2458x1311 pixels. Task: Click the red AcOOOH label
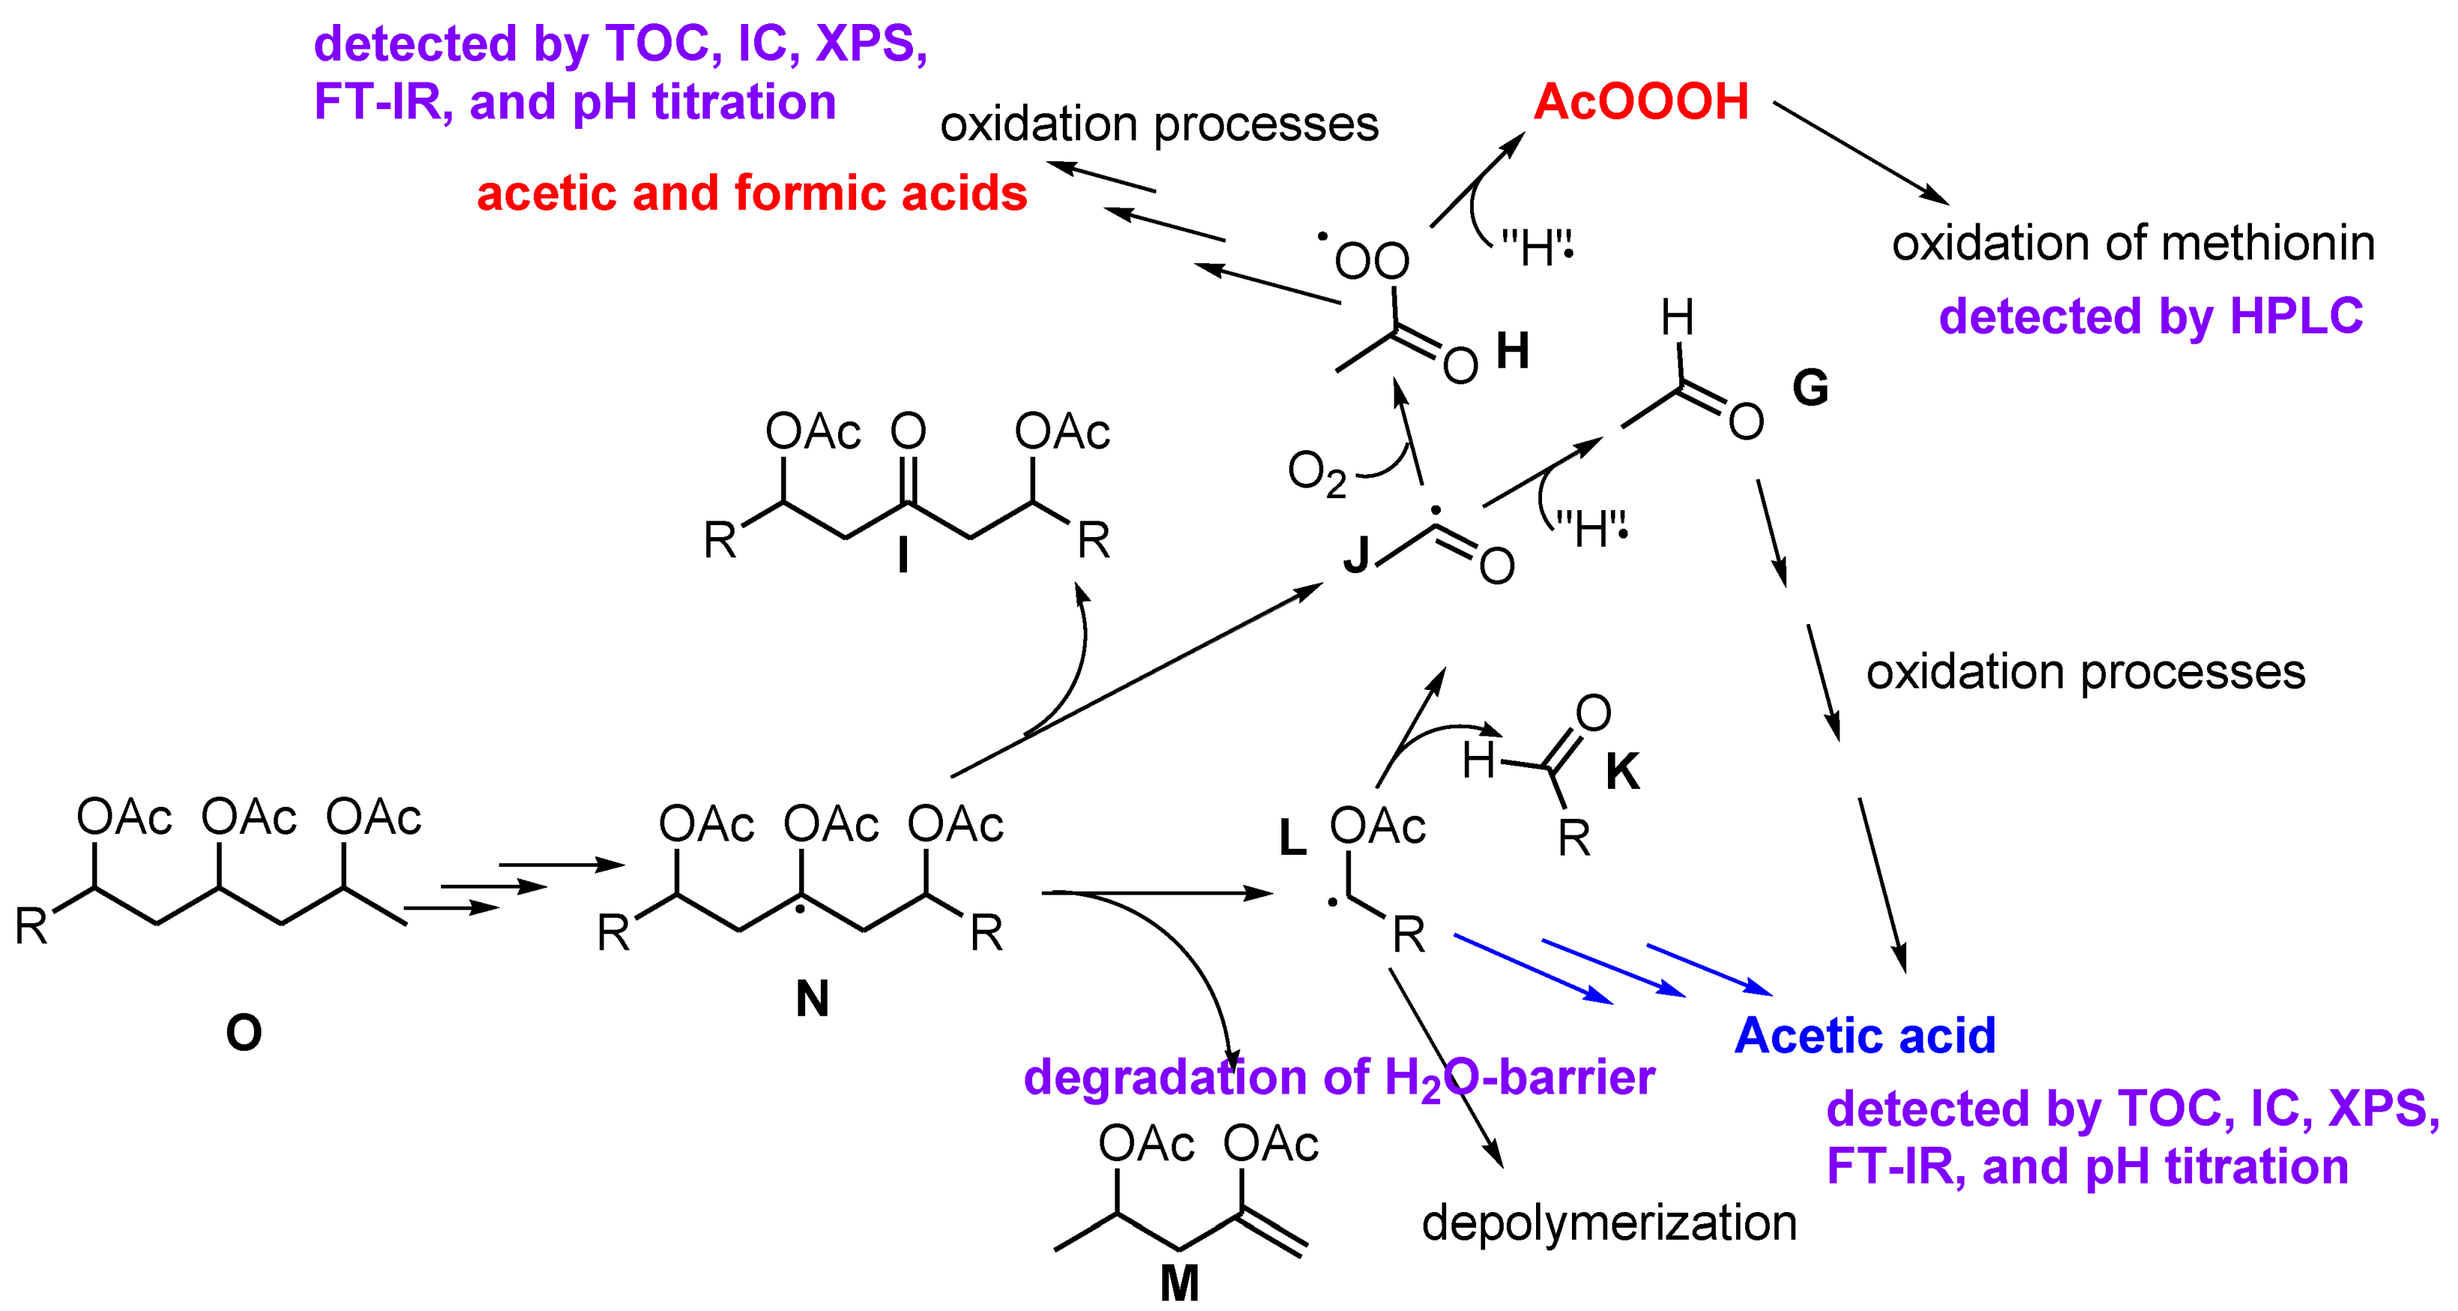(1640, 101)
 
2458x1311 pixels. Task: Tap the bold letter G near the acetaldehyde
(1810, 387)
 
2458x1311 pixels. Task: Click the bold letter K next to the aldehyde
(1622, 771)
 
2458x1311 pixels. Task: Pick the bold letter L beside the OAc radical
(1292, 838)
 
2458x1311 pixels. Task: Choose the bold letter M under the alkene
(1180, 1283)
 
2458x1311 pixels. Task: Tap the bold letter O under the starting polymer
(243, 1032)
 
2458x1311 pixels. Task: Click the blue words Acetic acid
(1865, 1035)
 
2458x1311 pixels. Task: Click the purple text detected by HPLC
(2151, 316)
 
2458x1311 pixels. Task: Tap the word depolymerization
(1609, 1223)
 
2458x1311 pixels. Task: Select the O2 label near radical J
(1316, 474)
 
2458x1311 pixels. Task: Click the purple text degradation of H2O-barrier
(1339, 1078)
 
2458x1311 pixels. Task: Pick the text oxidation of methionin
(2134, 243)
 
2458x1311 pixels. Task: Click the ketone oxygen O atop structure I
(908, 432)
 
